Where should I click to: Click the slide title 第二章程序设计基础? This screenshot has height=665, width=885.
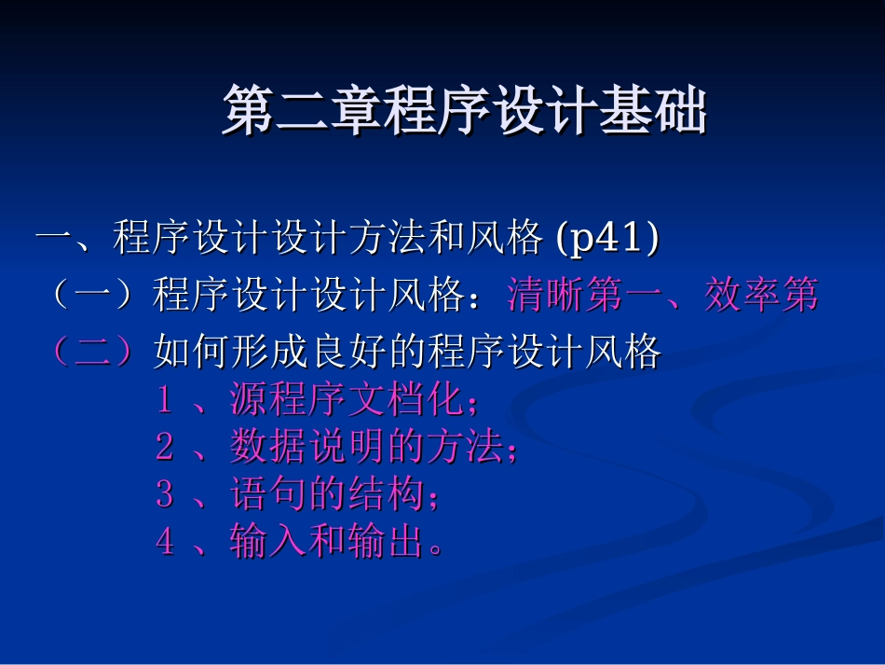point(464,112)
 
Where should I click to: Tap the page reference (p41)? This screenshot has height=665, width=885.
point(607,239)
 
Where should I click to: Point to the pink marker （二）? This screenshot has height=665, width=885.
point(93,353)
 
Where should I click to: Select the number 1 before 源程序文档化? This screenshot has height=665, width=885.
point(165,401)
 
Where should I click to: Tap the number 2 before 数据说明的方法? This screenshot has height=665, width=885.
point(165,449)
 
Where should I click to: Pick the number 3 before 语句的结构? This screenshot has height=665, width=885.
point(165,495)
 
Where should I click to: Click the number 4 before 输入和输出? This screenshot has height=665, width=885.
point(165,542)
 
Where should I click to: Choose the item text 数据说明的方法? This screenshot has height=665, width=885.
point(365,449)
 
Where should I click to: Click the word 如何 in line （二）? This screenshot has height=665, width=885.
point(192,353)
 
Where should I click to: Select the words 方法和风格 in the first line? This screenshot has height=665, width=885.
point(445,239)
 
